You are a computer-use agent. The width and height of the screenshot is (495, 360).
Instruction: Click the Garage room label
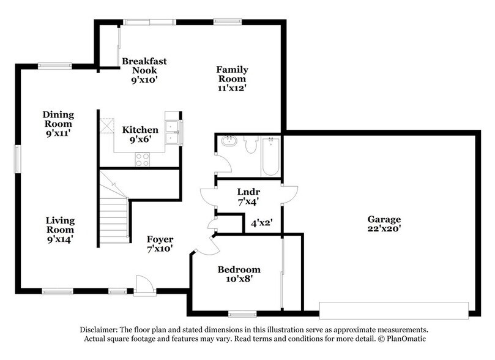coord(384,224)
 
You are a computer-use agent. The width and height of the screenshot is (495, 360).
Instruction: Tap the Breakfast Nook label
coord(144,70)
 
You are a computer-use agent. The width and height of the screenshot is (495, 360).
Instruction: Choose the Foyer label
coord(160,244)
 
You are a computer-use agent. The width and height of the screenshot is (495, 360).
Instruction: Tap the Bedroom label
coord(239,274)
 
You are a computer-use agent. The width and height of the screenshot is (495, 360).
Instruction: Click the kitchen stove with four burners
coord(143,159)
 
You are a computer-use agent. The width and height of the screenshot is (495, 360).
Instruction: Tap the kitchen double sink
coord(173,132)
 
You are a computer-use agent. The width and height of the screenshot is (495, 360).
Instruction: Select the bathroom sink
coord(229,141)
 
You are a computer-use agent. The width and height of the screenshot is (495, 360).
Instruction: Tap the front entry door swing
coord(144,285)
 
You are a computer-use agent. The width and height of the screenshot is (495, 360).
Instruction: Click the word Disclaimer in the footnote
coord(100,329)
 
